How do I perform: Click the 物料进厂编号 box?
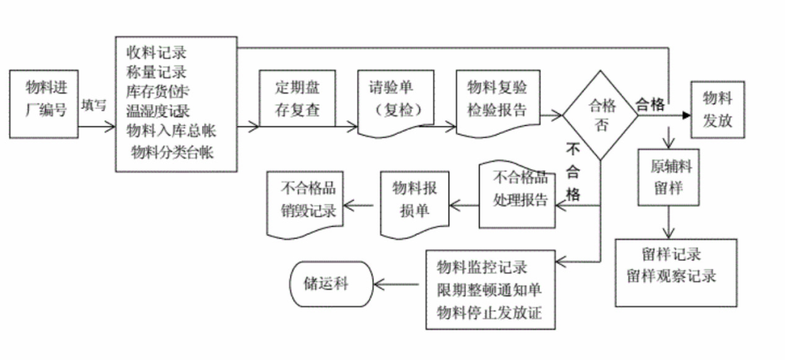click(x=45, y=103)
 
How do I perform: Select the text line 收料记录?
click(x=156, y=53)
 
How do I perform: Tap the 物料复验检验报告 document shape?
click(x=497, y=100)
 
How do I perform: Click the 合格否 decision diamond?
click(x=600, y=114)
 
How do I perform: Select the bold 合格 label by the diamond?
click(x=650, y=105)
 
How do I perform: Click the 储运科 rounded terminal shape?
click(x=331, y=284)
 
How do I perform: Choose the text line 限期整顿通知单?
click(x=489, y=289)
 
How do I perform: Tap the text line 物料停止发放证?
click(x=489, y=313)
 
